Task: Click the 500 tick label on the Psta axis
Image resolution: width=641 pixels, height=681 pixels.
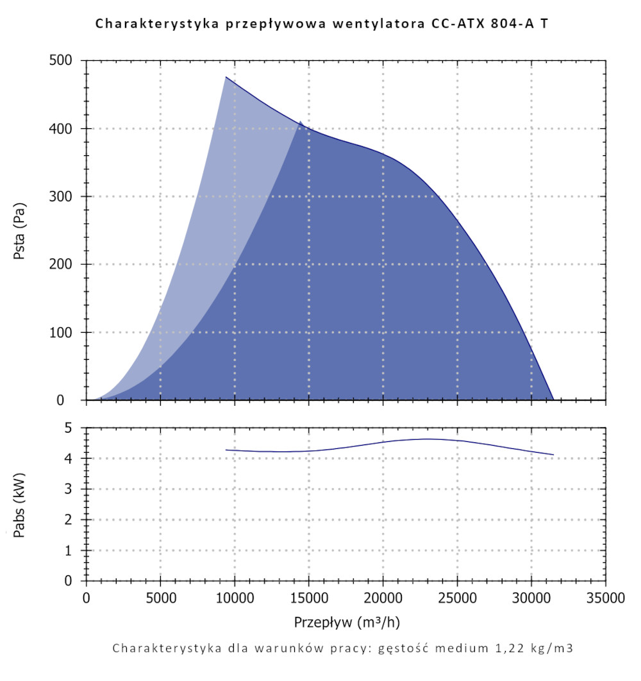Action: (x=64, y=61)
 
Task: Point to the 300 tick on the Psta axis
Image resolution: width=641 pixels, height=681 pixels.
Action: (x=64, y=197)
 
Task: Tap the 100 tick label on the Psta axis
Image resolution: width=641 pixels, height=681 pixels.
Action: (x=64, y=333)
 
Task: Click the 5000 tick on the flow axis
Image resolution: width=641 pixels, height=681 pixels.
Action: (x=160, y=599)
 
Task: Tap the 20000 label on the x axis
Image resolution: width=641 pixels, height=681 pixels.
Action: (x=383, y=599)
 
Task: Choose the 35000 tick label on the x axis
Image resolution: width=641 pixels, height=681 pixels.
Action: (x=606, y=599)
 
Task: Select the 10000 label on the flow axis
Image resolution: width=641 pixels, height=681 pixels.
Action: (x=235, y=599)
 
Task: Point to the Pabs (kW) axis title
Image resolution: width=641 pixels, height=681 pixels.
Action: (x=20, y=504)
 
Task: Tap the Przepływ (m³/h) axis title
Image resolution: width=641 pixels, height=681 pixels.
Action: (x=347, y=622)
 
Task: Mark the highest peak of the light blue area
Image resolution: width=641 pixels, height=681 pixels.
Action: (x=226, y=77)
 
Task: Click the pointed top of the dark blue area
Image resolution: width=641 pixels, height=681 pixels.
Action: (x=300, y=121)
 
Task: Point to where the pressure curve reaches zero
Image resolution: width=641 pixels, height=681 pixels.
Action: (x=553, y=399)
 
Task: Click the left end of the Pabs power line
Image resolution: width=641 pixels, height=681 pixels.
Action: (x=226, y=450)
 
